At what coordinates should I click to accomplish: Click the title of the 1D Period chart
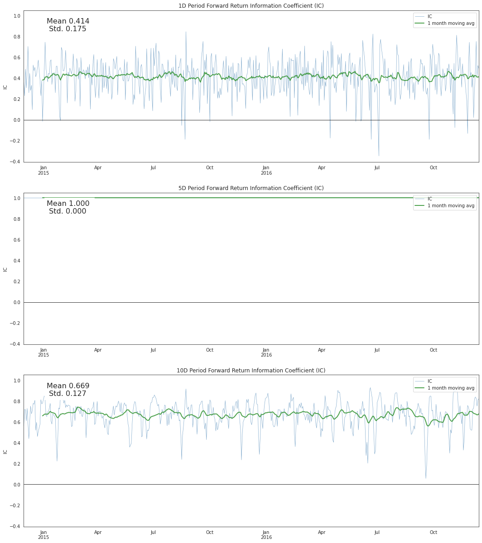251,6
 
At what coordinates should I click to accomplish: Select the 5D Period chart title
251,188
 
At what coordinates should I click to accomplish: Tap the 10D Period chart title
251,371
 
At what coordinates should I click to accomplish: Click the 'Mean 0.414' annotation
68,21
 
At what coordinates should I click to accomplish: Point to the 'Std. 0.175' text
67,29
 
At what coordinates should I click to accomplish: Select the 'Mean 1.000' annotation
68,204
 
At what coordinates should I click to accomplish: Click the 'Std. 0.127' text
67,394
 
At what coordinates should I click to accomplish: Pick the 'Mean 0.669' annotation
68,386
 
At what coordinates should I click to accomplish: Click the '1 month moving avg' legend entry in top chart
451,23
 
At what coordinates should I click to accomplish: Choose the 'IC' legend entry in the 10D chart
429,381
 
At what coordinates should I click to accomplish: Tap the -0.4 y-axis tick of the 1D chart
15,162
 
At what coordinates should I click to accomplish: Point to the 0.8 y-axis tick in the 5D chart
17,219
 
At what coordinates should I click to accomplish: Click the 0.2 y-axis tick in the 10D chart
17,464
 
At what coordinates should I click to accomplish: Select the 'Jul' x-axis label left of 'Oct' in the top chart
154,168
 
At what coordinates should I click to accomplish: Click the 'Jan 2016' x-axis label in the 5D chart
266,352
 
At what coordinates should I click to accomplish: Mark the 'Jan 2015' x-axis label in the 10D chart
43,535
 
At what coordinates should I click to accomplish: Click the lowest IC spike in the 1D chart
379,156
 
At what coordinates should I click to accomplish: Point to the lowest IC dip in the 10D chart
425,478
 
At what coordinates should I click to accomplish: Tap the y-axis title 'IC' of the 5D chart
5,269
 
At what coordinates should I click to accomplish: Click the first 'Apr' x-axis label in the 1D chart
98,168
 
